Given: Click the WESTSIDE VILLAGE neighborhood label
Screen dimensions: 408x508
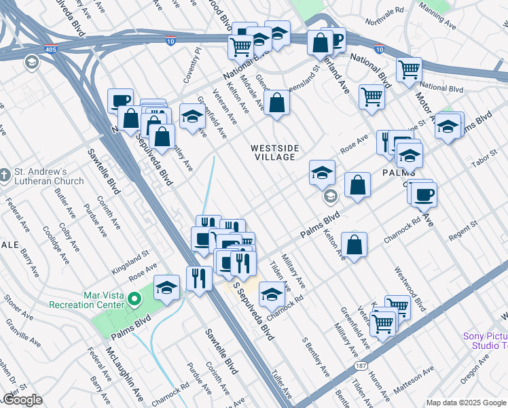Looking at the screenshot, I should pos(273,152).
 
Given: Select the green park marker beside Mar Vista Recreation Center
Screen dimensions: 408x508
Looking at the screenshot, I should pos(134,297).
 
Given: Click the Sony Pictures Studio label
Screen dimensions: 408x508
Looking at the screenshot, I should pos(484,341).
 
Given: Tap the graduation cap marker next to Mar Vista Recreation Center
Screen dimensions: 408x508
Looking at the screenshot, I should pos(166,287).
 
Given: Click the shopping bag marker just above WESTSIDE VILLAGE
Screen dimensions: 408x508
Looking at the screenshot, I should pos(277,103).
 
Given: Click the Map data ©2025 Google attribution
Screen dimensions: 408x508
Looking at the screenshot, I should pos(466,403).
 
